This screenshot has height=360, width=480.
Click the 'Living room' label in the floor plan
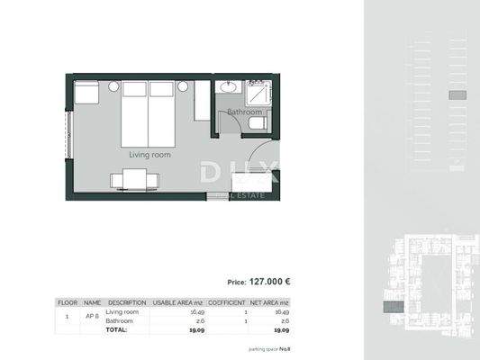coord(149,155)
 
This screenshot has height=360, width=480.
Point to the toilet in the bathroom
coord(256,122)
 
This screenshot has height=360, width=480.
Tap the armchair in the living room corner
coord(86,93)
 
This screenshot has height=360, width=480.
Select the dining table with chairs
coord(134,180)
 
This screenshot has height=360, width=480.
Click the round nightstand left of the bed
coord(113,86)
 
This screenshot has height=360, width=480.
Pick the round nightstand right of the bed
coord(183,86)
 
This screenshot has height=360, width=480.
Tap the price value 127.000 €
coord(270,281)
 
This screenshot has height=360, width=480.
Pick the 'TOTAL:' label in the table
coord(116,330)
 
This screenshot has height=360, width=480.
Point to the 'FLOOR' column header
coord(68,302)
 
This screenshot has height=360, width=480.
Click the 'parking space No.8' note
coord(269,348)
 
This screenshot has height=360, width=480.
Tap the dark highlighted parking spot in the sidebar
coord(456,94)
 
